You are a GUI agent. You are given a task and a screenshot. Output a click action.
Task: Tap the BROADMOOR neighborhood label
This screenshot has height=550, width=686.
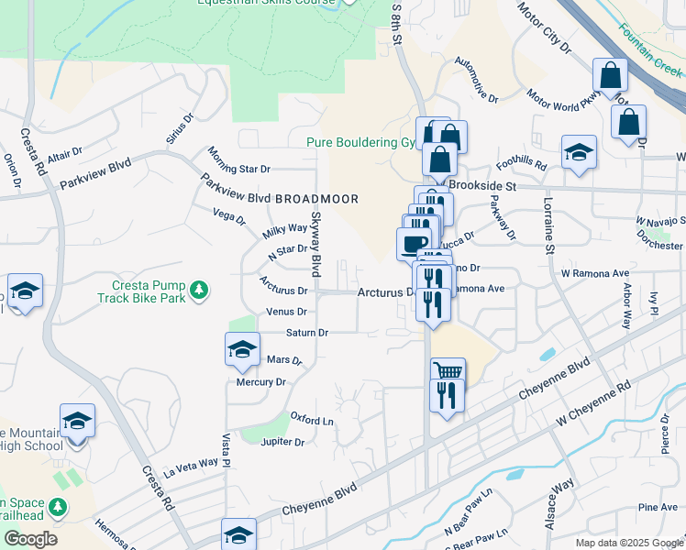coord(316,199)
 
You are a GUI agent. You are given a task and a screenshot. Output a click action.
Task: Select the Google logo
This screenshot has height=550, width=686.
coord(30,539)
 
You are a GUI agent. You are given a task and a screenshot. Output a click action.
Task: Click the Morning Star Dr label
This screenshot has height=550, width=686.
coord(238,161)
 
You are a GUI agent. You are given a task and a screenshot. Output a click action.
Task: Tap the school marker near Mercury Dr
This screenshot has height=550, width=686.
coord(242,348)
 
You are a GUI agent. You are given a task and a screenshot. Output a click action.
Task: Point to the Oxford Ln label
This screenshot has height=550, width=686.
coord(312,419)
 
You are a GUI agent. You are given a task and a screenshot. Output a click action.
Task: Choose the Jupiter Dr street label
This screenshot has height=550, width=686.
coord(282,442)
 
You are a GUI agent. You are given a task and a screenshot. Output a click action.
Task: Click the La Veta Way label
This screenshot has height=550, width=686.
coord(193,467)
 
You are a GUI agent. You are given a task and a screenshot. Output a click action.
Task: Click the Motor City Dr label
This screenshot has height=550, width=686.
coord(544,27)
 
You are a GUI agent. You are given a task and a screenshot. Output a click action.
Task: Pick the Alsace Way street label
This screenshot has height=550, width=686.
coord(562,496)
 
